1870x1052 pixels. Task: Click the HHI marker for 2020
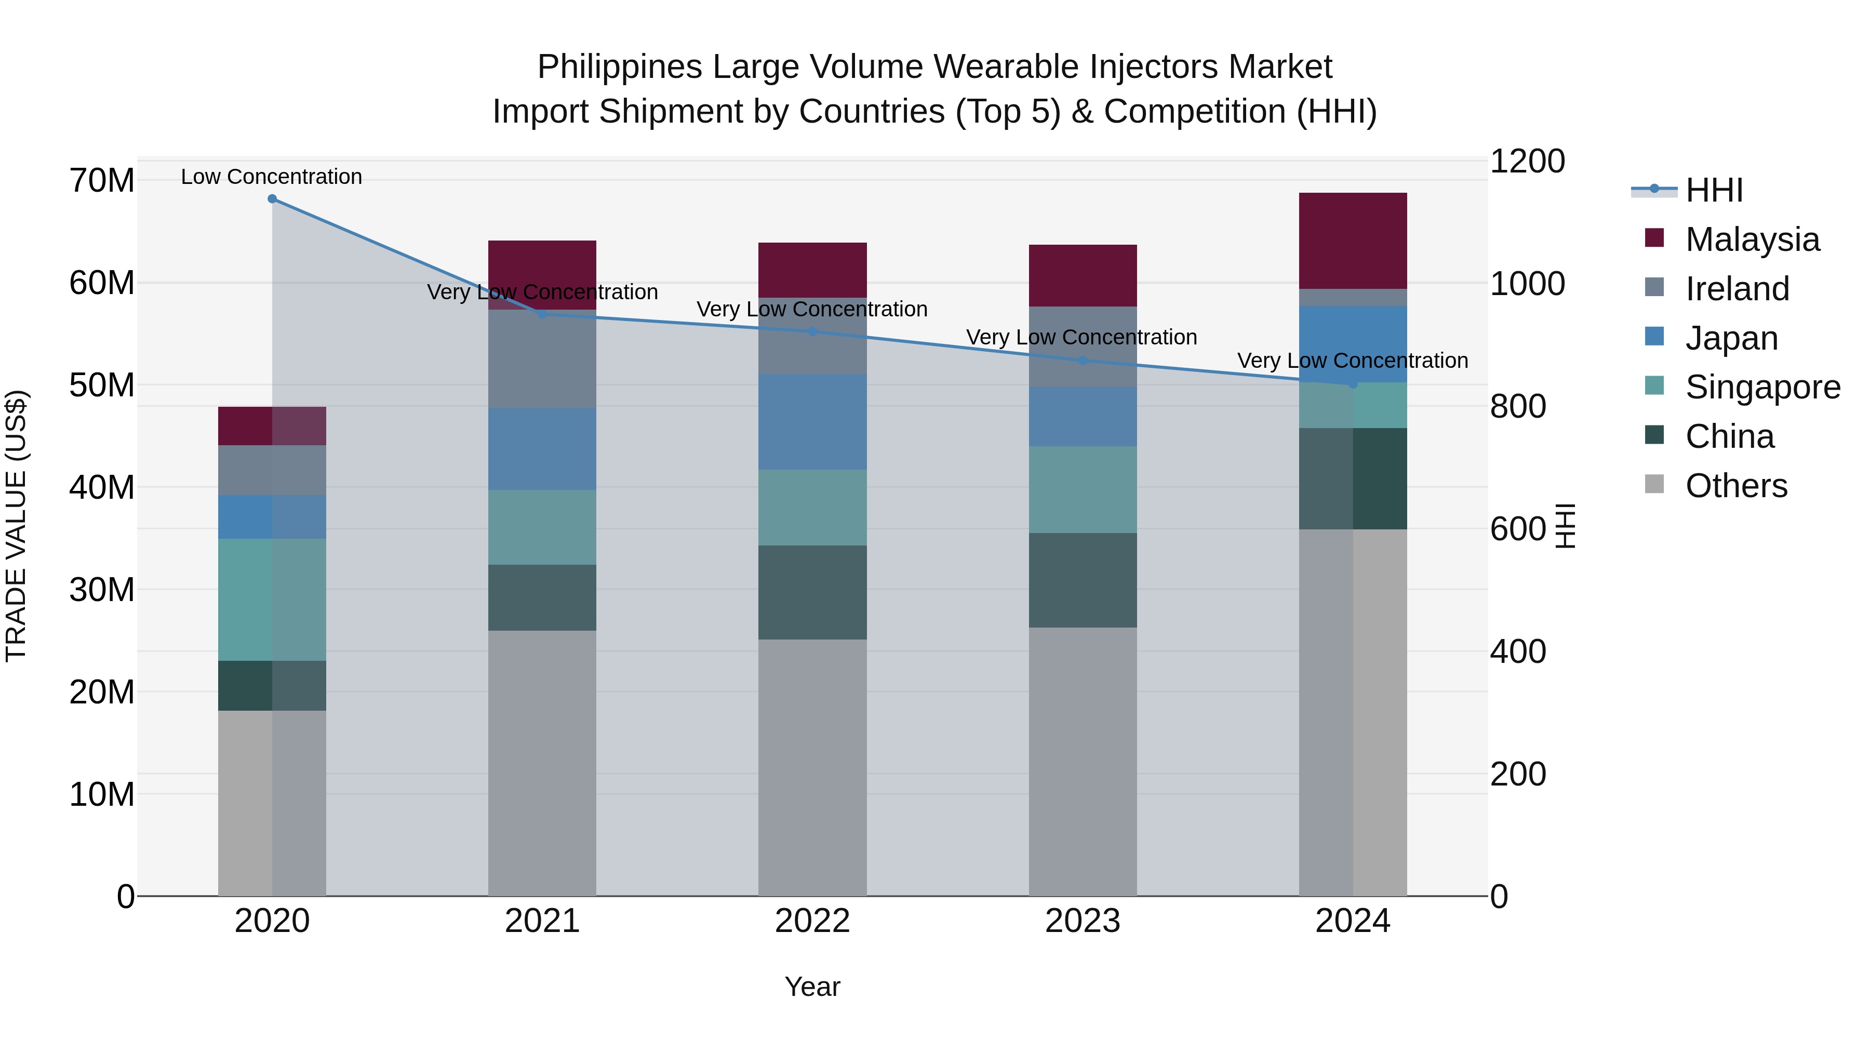[x=272, y=199]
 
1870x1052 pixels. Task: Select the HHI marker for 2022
[x=812, y=332]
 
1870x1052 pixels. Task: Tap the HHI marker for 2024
[x=1353, y=384]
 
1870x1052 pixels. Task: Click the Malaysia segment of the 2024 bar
[x=1353, y=241]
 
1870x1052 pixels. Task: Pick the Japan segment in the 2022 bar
[x=812, y=422]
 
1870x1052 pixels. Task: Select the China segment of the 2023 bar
[x=1083, y=580]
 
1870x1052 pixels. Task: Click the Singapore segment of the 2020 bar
[x=272, y=600]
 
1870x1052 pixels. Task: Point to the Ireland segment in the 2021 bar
[x=542, y=359]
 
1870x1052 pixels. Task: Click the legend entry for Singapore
[x=1762, y=387]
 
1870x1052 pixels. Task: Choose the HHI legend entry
[x=1713, y=190]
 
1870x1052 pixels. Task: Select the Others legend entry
[x=1735, y=486]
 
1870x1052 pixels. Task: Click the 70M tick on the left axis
[x=102, y=181]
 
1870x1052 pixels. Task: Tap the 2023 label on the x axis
[x=1083, y=921]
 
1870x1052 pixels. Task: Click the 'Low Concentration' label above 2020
[x=272, y=177]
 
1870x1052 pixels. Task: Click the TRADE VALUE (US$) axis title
[x=17, y=526]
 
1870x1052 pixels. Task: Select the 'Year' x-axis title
[x=812, y=987]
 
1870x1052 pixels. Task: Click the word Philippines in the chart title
[x=619, y=67]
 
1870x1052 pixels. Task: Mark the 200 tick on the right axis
[x=1518, y=774]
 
